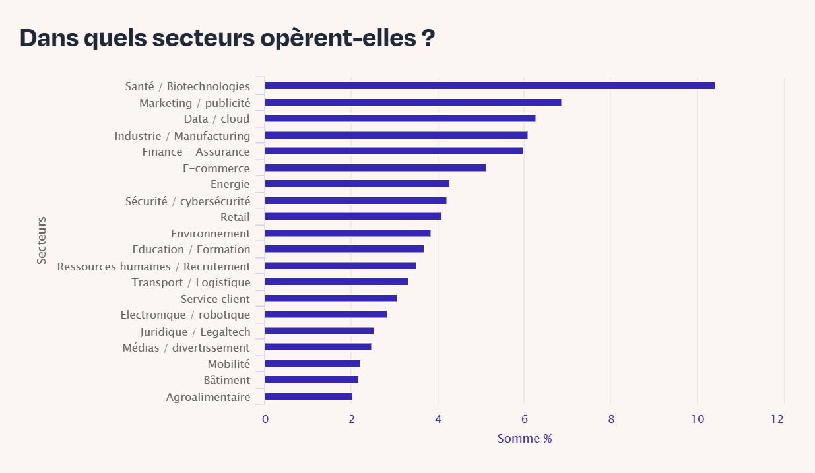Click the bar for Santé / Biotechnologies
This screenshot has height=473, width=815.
[x=489, y=86]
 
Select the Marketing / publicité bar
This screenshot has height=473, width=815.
[x=412, y=102]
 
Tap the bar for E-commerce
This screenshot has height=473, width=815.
[x=375, y=168]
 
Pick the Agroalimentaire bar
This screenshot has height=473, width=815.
[x=308, y=396]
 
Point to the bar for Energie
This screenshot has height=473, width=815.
[x=356, y=183]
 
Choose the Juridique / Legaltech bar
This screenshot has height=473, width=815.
[x=319, y=331]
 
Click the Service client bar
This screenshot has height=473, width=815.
[x=331, y=298]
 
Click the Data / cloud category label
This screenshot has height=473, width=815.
[x=216, y=119]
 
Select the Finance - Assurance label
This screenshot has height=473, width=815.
[x=196, y=152]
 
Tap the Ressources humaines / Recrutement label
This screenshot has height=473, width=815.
[x=154, y=267]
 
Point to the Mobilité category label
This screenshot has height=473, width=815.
[x=228, y=364]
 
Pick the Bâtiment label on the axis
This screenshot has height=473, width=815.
[x=226, y=380]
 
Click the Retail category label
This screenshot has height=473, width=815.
[x=235, y=217]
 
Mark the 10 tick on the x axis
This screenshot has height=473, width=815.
[x=697, y=419]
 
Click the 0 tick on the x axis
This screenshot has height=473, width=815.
[x=265, y=419]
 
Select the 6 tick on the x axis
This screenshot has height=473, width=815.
[x=524, y=419]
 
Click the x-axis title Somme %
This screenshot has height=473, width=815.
[x=524, y=439]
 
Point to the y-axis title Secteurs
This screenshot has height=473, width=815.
[x=42, y=240]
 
